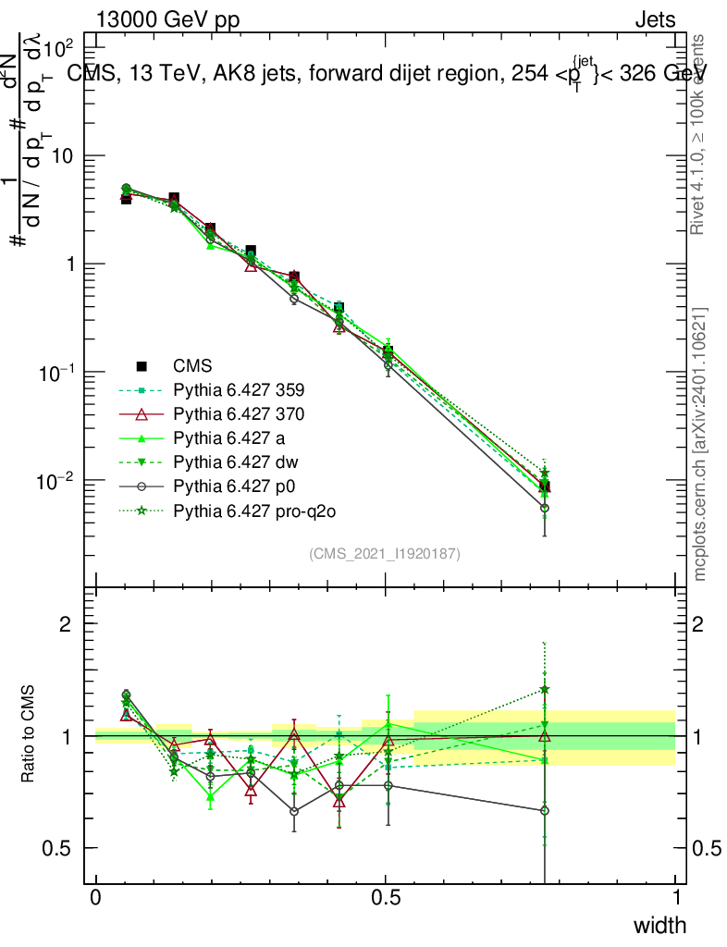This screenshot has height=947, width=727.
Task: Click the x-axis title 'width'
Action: (x=659, y=925)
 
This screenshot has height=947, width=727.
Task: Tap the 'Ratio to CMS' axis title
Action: (x=31, y=734)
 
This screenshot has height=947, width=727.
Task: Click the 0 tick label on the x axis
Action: (x=96, y=898)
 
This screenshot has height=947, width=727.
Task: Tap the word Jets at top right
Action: (x=654, y=20)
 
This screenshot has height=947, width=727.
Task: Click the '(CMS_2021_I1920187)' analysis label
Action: (x=385, y=554)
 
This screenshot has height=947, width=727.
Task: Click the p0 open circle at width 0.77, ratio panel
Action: (x=545, y=810)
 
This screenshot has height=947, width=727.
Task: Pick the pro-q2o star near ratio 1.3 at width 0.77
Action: (x=545, y=689)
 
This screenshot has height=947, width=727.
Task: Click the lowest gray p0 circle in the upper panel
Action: (x=545, y=508)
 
